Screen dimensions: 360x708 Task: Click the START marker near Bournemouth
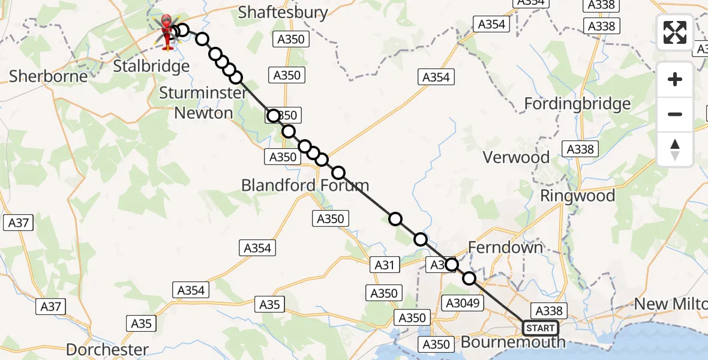[540, 328]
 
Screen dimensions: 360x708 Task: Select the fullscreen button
[675, 32]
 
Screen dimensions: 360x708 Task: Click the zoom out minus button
[675, 114]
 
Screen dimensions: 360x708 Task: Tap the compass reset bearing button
[675, 149]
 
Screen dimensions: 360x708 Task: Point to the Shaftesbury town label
[283, 13]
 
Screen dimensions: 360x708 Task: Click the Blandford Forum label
[305, 185]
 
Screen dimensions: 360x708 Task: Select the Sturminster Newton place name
[203, 103]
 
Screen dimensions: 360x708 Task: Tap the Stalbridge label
[151, 65]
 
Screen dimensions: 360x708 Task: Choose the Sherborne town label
[49, 76]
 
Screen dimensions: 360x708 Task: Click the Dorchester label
[107, 349]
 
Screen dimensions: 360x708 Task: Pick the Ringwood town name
[578, 196]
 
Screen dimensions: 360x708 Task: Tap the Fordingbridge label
[577, 104]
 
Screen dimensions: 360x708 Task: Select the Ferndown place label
[505, 247]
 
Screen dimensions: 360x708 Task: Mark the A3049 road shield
[461, 303]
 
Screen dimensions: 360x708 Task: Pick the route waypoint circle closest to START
[469, 278]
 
